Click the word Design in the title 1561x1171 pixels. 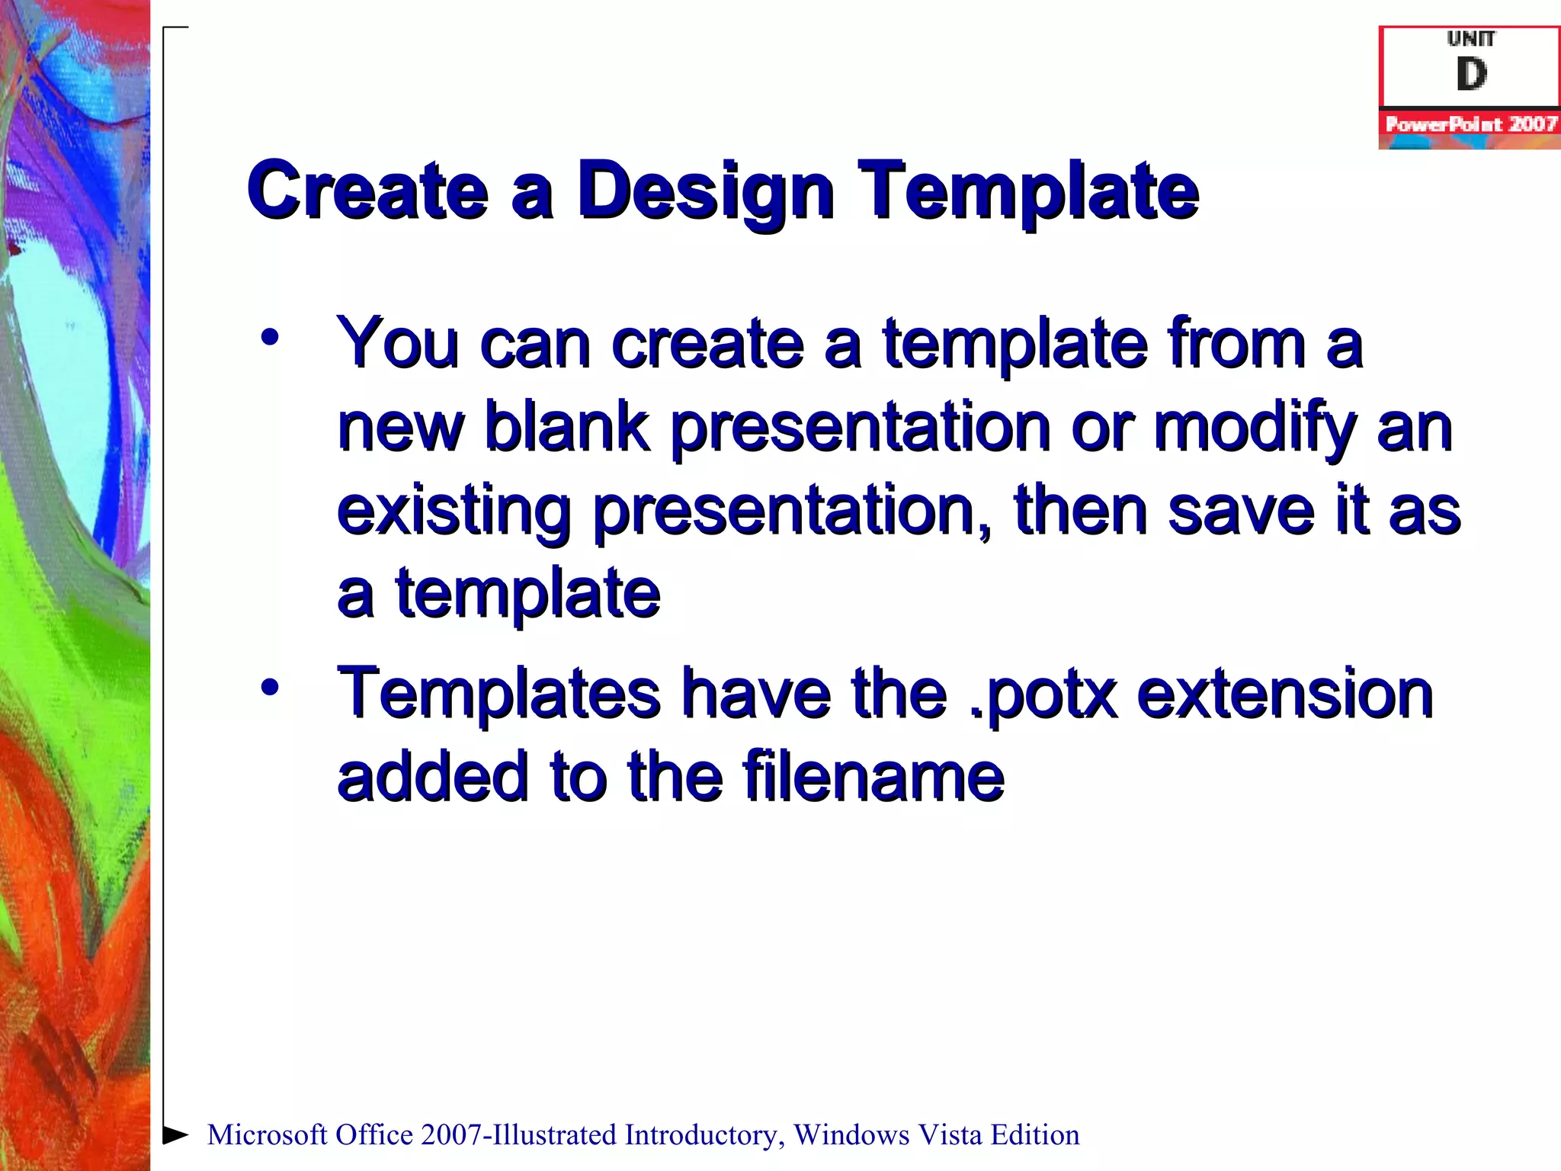[705, 191]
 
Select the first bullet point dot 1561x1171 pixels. [269, 338]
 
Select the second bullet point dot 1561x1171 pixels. [269, 688]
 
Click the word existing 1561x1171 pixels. [454, 512]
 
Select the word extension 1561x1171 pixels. [1285, 694]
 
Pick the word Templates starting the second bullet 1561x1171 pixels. [499, 694]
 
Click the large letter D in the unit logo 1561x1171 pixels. [1471, 75]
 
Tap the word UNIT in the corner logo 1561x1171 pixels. [1471, 38]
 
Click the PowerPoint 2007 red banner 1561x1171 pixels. [1470, 124]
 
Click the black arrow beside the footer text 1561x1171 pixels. [175, 1134]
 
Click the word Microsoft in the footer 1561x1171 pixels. [268, 1135]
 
